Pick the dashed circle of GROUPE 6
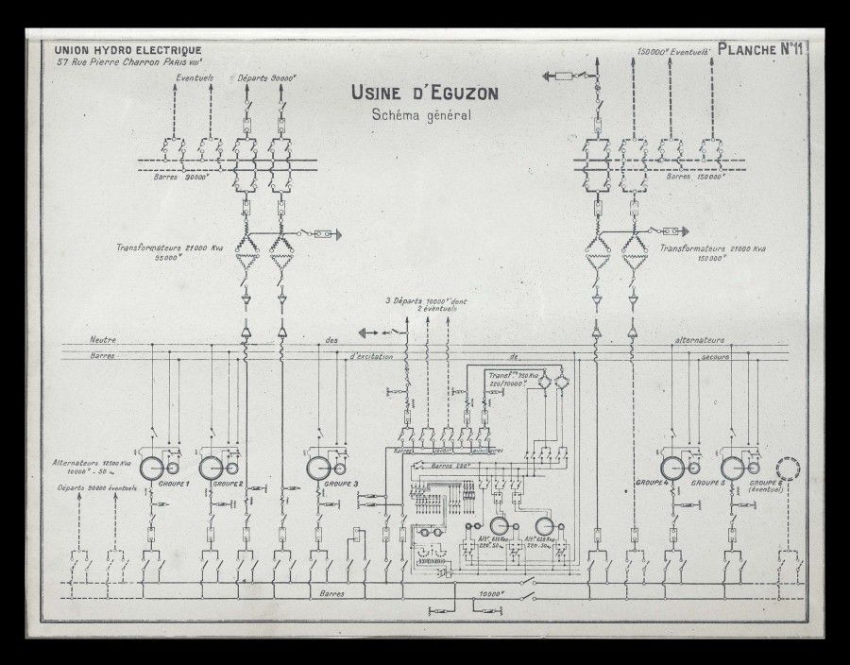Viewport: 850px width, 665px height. pos(788,469)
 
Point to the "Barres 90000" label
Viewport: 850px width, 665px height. pos(179,177)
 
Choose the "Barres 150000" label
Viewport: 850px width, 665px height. pos(695,177)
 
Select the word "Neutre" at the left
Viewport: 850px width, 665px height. pos(103,340)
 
